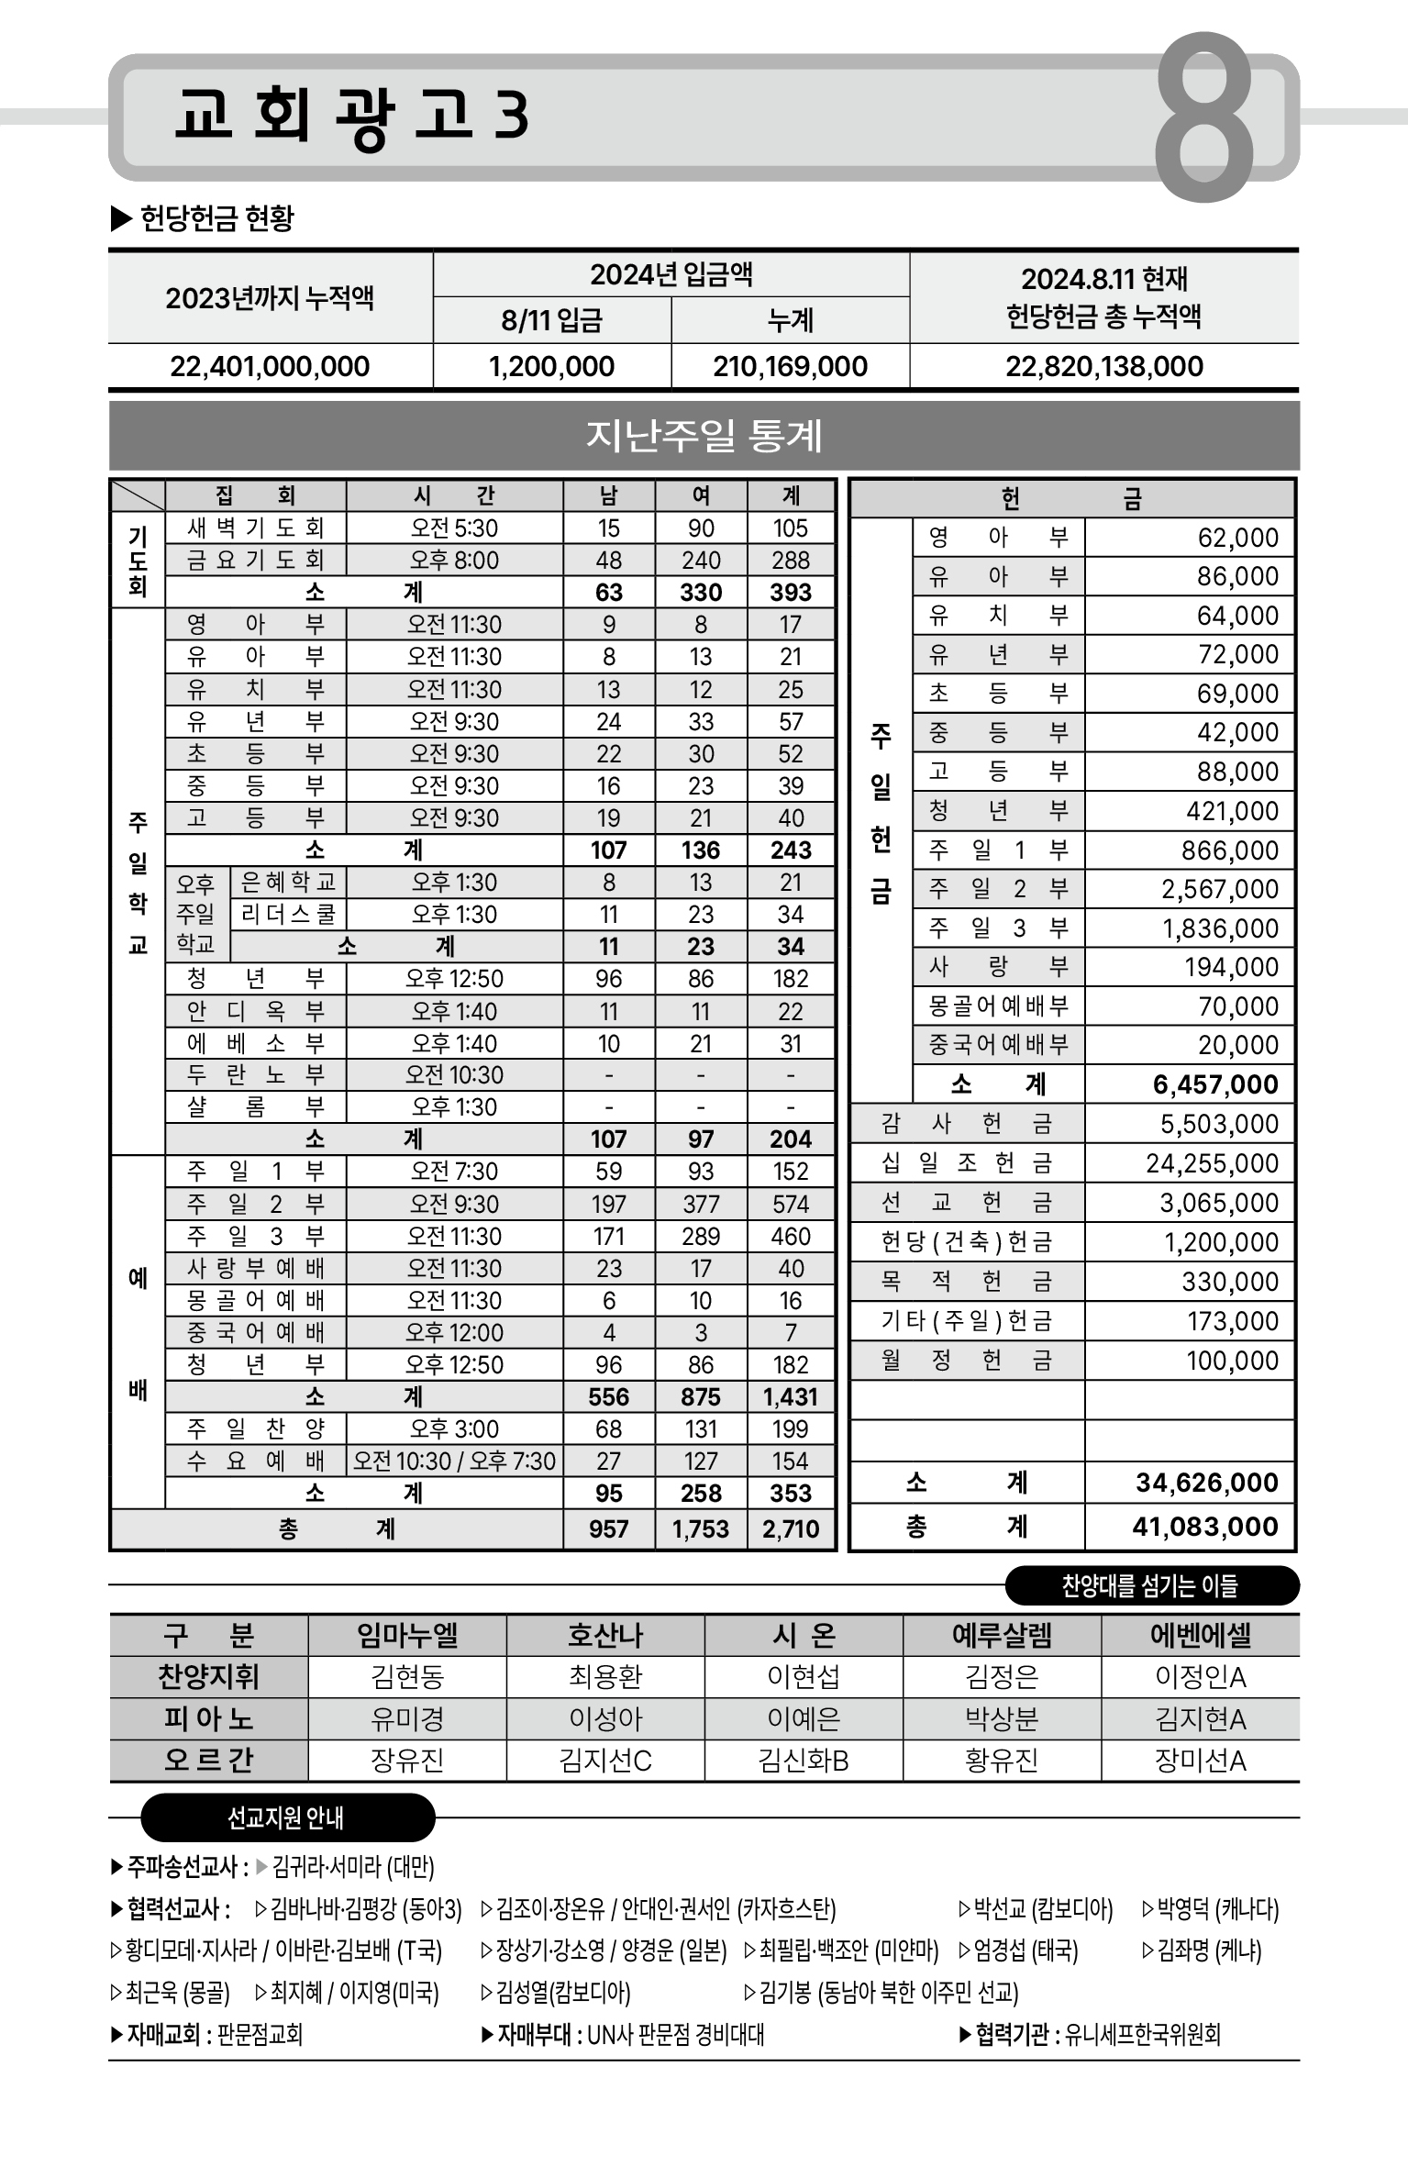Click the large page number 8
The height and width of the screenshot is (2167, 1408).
tap(1203, 117)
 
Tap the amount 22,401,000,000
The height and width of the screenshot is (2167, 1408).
tap(270, 367)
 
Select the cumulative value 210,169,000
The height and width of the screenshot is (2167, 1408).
tap(790, 367)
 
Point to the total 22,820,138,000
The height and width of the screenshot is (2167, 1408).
tap(1103, 367)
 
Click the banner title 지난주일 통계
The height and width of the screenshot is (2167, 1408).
tap(704, 436)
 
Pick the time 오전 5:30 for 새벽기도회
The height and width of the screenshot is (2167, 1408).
tap(454, 528)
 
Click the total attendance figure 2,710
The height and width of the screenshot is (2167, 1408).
tap(791, 1528)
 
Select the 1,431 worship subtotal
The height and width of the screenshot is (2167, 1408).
tap(791, 1397)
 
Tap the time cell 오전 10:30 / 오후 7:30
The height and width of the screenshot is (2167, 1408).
tap(454, 1461)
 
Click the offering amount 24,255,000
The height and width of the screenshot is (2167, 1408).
tap(1211, 1163)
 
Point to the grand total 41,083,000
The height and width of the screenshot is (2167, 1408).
tap(1204, 1527)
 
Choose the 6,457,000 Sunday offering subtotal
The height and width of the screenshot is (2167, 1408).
tap(1214, 1084)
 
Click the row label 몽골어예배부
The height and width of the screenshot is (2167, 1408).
tap(998, 1006)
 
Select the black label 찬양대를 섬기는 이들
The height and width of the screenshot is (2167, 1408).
tap(1150, 1586)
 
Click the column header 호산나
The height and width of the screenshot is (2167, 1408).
tap(605, 1636)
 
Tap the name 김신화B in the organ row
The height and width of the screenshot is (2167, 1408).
tap(804, 1761)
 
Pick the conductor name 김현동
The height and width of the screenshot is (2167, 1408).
tap(407, 1677)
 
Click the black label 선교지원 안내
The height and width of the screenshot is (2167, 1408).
tap(285, 1817)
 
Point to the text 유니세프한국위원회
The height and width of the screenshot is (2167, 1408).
tap(1143, 2035)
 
